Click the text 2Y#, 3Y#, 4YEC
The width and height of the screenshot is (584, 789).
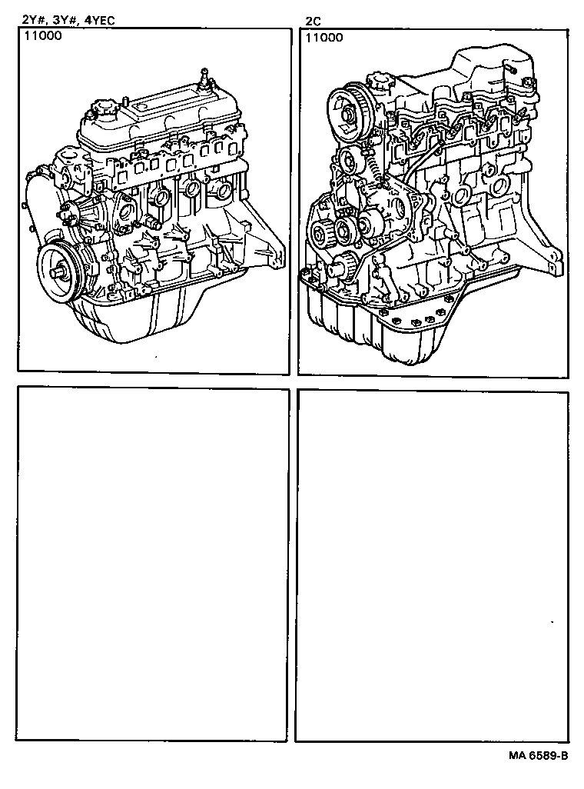pyautogui.click(x=68, y=21)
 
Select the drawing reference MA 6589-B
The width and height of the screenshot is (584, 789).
pyautogui.click(x=537, y=755)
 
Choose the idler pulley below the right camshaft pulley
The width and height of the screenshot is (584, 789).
pyautogui.click(x=347, y=161)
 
